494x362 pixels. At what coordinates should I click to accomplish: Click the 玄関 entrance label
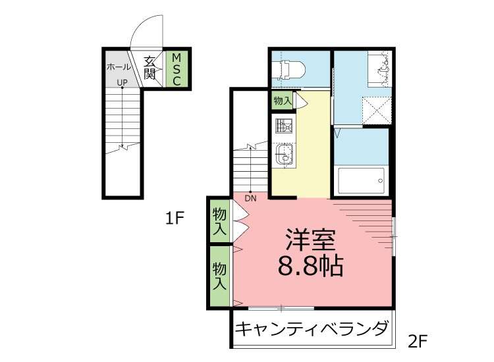151,68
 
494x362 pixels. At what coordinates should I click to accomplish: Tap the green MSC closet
176,69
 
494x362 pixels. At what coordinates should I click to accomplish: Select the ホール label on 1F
118,67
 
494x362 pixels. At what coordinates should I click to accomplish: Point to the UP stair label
122,83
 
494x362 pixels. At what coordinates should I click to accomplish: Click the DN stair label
250,197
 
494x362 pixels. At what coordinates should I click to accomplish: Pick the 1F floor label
174,218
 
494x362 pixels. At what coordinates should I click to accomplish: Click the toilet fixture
289,69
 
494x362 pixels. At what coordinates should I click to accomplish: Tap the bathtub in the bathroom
361,179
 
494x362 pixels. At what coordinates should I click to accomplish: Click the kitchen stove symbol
283,125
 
